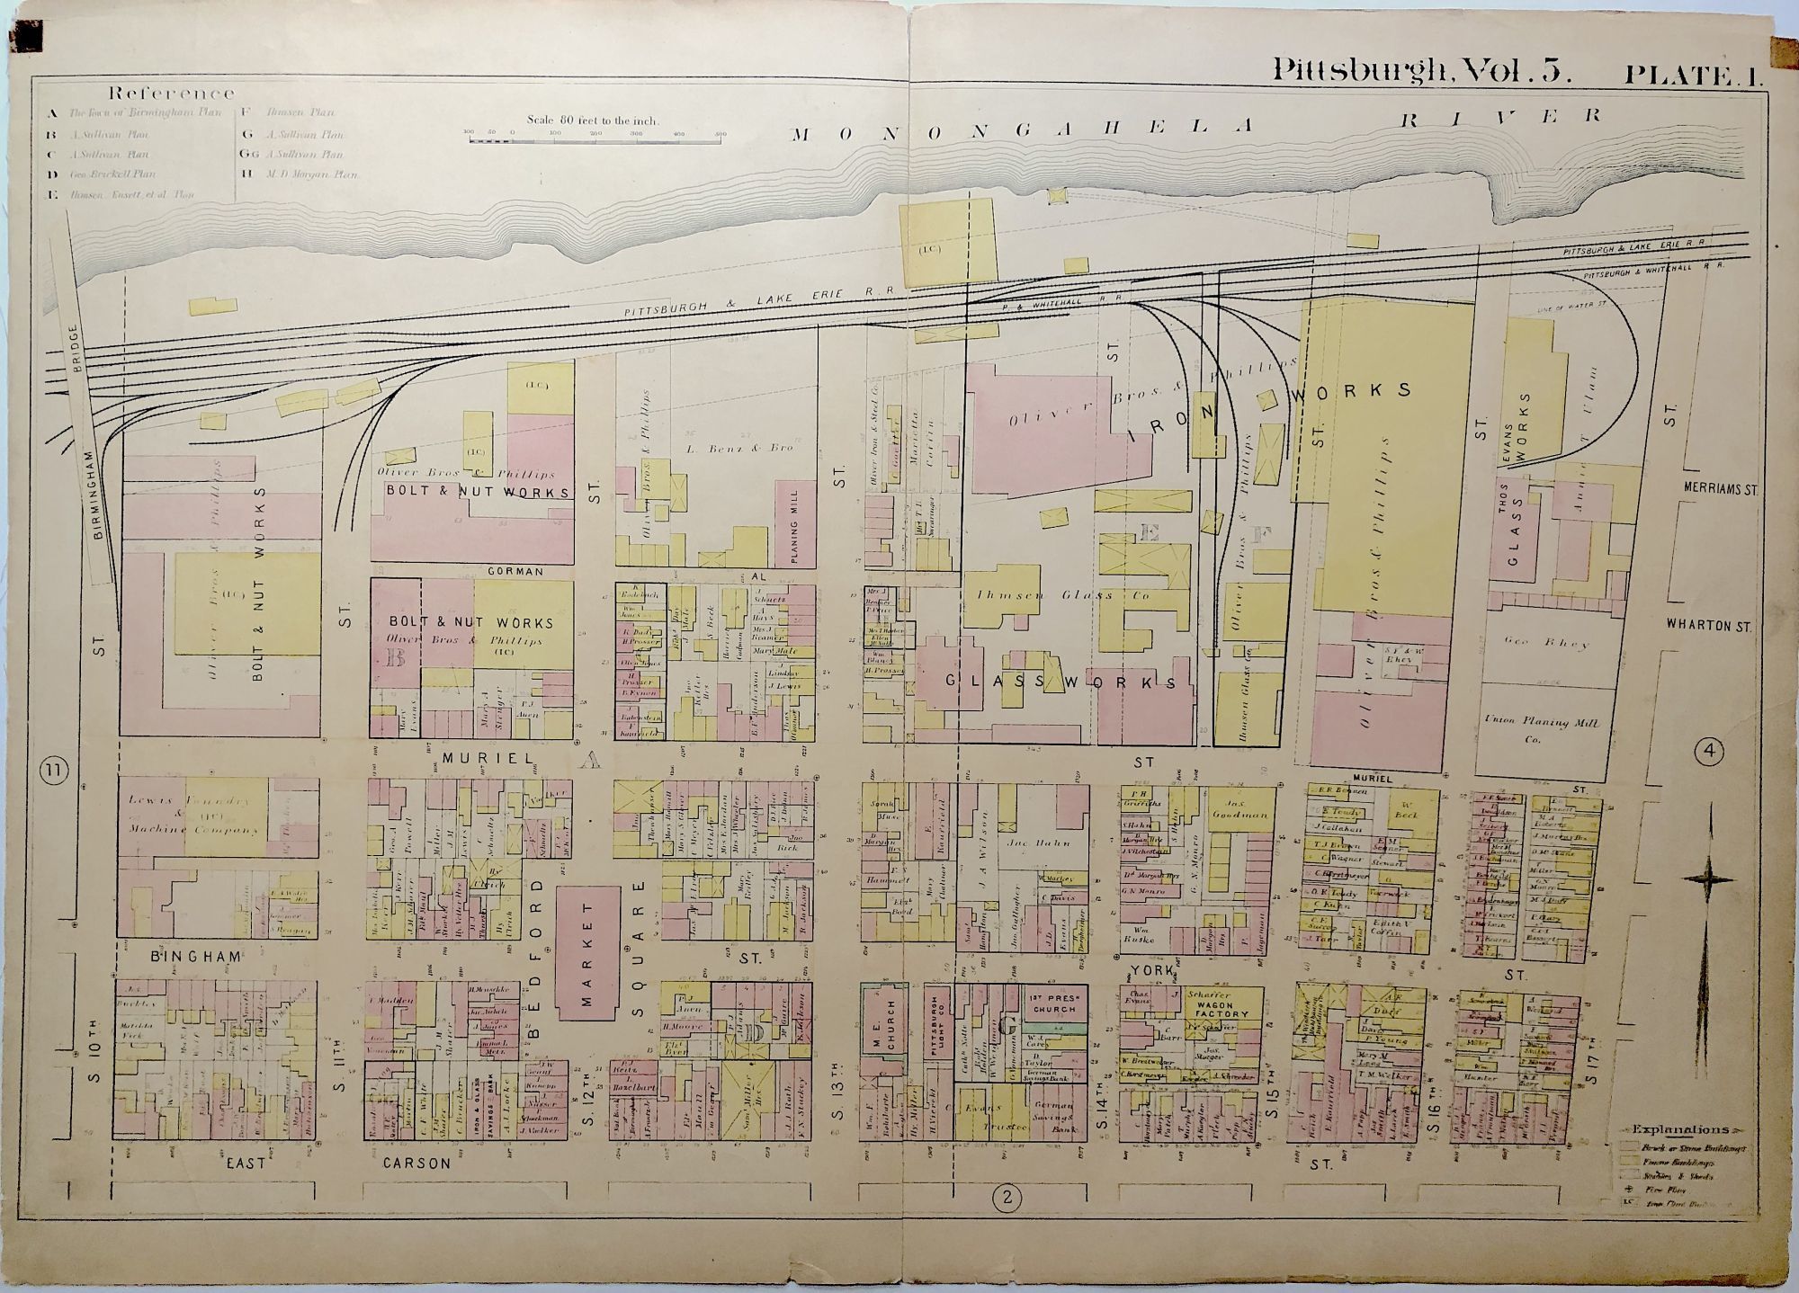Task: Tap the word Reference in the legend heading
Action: [x=171, y=93]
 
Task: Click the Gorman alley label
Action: [x=515, y=571]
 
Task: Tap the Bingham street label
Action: [x=184, y=957]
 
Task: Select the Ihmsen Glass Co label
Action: [x=1059, y=595]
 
